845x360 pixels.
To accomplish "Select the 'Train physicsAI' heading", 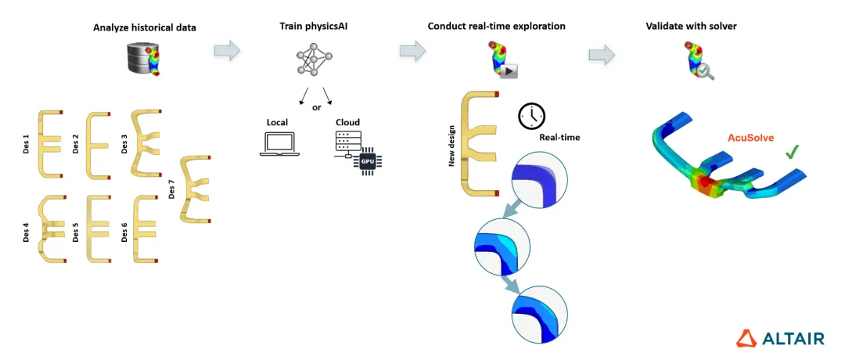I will tap(315, 27).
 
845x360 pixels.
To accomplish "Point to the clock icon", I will tap(531, 116).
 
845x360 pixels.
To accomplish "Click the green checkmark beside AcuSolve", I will tap(792, 151).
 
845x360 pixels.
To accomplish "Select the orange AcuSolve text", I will tap(747, 138).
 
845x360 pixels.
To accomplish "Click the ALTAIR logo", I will tap(780, 338).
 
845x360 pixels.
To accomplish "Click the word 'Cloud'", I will tap(347, 123).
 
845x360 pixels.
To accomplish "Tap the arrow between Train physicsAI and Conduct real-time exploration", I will tap(413, 51).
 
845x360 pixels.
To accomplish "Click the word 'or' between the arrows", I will tap(316, 107).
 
